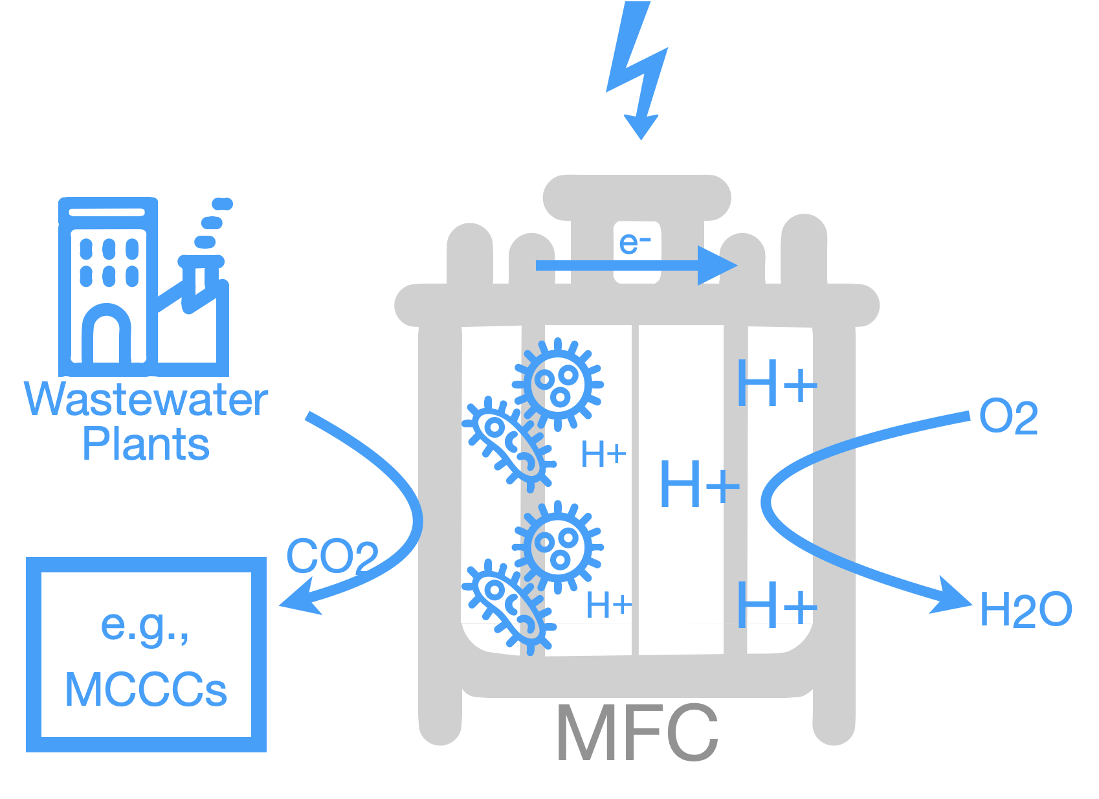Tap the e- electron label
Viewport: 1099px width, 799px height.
point(635,243)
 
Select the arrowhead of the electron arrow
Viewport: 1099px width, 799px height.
point(718,265)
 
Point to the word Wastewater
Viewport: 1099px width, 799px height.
point(146,400)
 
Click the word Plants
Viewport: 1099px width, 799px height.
point(146,445)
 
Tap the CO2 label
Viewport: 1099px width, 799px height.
point(332,556)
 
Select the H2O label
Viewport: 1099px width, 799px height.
point(1026,609)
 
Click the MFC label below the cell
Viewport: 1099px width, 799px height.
point(638,732)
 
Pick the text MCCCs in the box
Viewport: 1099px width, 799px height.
point(146,690)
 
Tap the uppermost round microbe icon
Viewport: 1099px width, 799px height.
point(558,383)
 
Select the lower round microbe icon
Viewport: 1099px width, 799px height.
point(558,546)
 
